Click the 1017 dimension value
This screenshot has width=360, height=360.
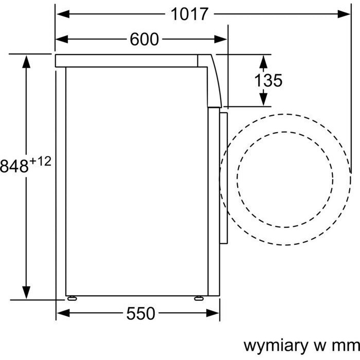[189, 14]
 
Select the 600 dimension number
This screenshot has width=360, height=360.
[144, 39]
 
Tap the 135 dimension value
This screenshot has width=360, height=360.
[268, 80]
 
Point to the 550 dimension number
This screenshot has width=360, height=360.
[141, 313]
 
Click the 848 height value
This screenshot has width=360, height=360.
[14, 166]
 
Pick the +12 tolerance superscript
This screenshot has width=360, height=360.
[41, 161]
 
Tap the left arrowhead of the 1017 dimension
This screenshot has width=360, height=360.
[63, 14]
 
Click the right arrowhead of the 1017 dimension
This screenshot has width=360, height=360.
[344, 14]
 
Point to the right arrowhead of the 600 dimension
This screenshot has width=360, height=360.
[221, 39]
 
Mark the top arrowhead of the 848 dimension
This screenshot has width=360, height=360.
[26, 62]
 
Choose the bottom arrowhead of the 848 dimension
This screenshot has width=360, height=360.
[26, 293]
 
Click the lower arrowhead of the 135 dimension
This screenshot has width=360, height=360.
[263, 99]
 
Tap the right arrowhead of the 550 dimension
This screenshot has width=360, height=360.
[212, 313]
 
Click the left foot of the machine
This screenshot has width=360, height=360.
[72, 298]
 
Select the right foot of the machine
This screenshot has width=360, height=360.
[199, 298]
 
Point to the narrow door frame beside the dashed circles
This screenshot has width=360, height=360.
[223, 178]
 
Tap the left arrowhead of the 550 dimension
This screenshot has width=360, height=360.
[63, 313]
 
